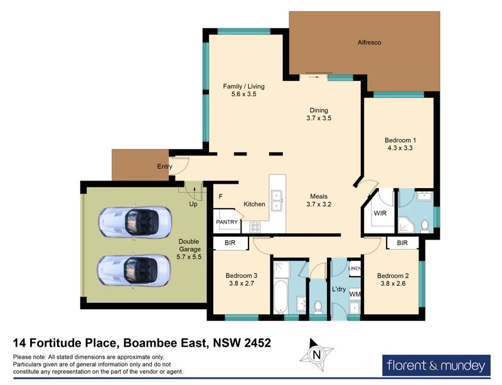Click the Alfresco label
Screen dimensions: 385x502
tap(369, 43)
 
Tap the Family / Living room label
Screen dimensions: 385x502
tap(244, 87)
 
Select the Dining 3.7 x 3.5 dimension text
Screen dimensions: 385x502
tap(319, 118)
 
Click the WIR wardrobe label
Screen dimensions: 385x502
tap(380, 213)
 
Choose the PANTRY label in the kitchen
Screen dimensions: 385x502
tap(227, 222)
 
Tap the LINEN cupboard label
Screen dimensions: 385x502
tap(354, 268)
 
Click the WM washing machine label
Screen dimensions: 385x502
tap(354, 293)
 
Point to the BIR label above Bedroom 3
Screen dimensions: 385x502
tap(229, 243)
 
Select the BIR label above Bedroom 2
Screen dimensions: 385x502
tap(402, 243)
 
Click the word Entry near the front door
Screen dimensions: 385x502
tap(164, 167)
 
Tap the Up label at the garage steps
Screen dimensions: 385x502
tap(194, 204)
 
